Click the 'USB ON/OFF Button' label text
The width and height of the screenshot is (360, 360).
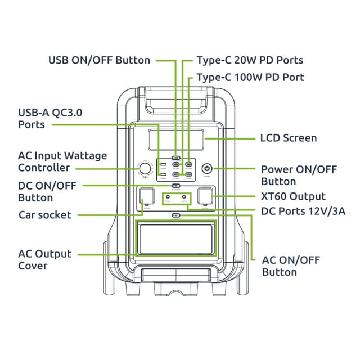[100, 60]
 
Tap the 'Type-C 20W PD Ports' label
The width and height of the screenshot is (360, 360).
[250, 60]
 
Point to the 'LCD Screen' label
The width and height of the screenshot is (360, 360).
[288, 138]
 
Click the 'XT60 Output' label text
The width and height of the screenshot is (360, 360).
[293, 196]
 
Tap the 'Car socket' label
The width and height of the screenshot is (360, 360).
[45, 214]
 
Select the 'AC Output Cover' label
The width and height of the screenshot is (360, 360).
[45, 259]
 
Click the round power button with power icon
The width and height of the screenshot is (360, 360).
[206, 168]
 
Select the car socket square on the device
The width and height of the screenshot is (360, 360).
[147, 196]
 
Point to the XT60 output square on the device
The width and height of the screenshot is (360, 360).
[206, 196]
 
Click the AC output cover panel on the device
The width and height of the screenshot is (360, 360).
[177, 238]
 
